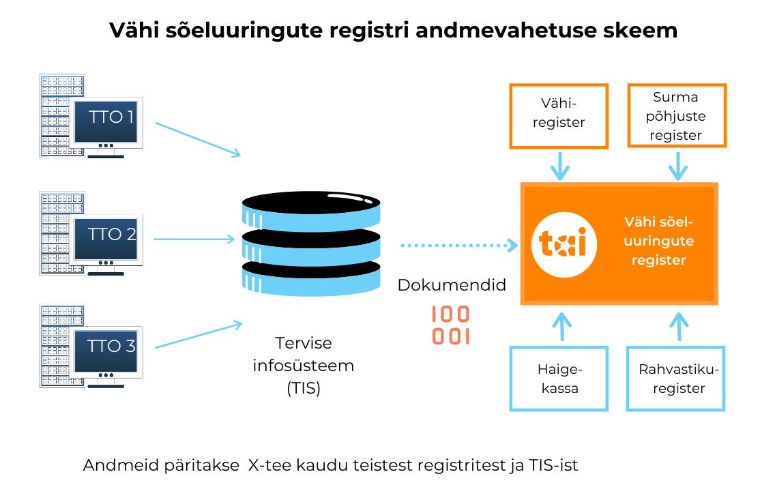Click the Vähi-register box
(x=559, y=116)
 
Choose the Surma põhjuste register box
(x=676, y=116)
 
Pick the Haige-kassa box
(x=559, y=379)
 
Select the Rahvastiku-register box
(x=676, y=379)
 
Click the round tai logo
(x=564, y=244)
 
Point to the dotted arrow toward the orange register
(x=457, y=244)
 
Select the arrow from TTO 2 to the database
(x=194, y=239)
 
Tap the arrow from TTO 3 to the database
(x=198, y=334)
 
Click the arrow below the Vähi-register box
(x=560, y=165)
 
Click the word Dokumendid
(x=452, y=285)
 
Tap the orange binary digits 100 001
(x=451, y=325)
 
